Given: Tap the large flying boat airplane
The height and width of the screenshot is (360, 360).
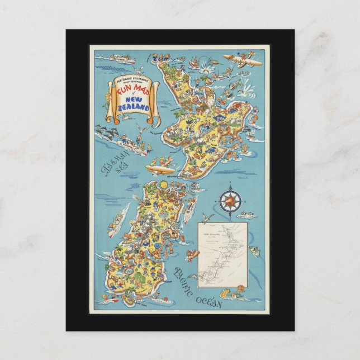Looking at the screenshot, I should [x=241, y=60].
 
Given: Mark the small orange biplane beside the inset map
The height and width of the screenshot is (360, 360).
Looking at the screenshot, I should [x=193, y=255].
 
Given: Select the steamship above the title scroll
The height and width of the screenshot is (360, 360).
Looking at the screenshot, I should [x=116, y=57].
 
